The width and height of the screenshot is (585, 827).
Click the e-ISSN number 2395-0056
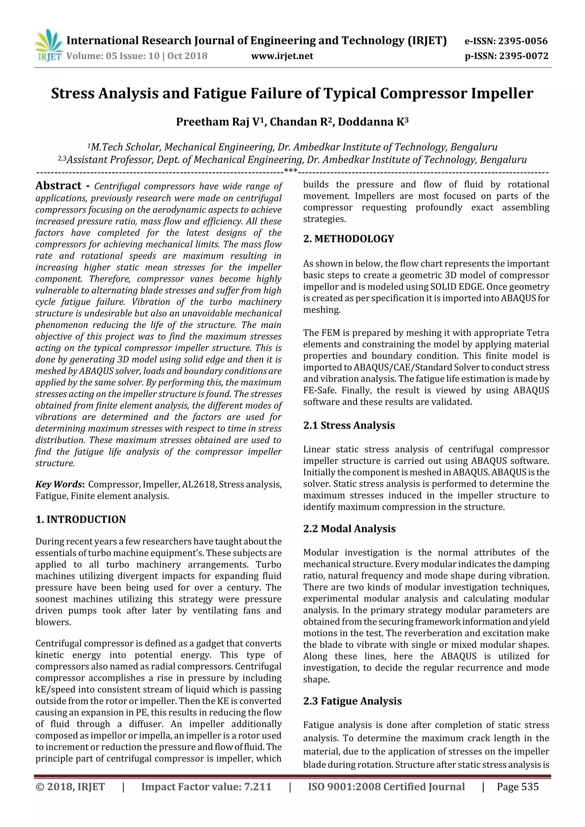523,41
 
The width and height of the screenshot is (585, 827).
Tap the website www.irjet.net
282,56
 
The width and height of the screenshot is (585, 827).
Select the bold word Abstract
58,186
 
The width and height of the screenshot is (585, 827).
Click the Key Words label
60,484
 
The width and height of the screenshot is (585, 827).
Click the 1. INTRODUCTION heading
81,519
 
